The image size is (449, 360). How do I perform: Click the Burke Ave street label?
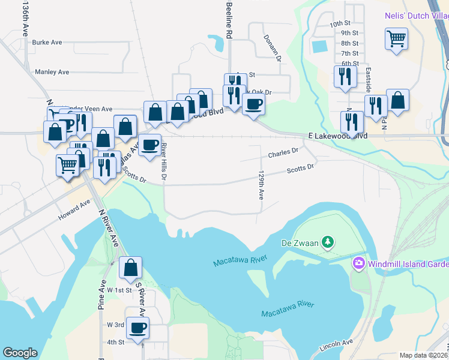pos(47,43)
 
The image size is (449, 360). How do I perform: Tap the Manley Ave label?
pos(52,72)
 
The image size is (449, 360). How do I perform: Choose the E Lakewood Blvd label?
pos(337,136)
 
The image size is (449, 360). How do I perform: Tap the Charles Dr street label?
pos(283,153)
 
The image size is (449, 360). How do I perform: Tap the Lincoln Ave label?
pos(336,346)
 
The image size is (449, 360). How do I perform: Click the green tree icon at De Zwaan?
pos(327,242)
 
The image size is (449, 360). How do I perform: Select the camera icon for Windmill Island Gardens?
pos(358,263)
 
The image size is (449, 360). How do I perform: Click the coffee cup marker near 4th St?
pos(138,328)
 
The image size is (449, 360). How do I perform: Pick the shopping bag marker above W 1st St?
pos(130,268)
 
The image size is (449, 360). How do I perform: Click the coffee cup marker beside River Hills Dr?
pos(149,144)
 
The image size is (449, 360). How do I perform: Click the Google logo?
pos(20,353)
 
